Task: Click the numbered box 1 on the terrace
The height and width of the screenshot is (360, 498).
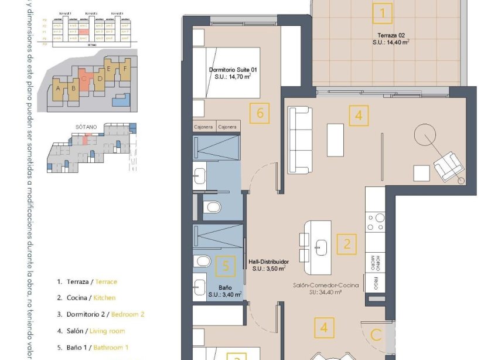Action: point(383,12)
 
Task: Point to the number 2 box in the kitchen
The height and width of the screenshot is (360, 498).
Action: point(347,243)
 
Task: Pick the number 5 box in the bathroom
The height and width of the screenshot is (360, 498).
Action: point(226,266)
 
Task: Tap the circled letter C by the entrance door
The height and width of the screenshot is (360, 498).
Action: point(376,336)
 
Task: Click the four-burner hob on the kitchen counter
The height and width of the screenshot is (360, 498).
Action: point(376,223)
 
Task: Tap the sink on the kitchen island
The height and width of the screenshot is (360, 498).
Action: point(320,246)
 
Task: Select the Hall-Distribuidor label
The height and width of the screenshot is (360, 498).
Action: point(268,265)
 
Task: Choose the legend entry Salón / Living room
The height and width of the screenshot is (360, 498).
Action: point(90,331)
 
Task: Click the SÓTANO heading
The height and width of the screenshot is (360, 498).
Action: point(86,126)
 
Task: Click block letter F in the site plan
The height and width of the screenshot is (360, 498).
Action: point(124,69)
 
